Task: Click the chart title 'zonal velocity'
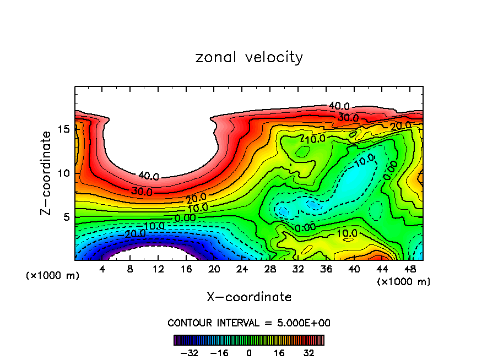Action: (x=249, y=57)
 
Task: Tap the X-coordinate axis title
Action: (x=249, y=297)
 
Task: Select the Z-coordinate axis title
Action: (x=47, y=173)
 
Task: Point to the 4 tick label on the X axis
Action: (x=102, y=269)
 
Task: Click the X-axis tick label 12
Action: (x=158, y=269)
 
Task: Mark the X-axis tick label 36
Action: (x=326, y=269)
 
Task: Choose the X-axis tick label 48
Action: (x=409, y=269)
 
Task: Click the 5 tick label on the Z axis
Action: (x=65, y=217)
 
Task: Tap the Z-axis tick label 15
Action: (x=62, y=129)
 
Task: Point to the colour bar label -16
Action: (x=219, y=352)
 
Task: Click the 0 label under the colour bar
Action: (x=249, y=352)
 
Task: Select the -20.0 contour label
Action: (x=134, y=233)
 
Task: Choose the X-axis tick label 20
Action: (x=214, y=269)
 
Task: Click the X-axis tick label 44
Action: (x=381, y=269)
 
